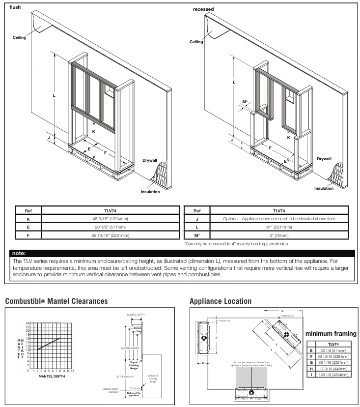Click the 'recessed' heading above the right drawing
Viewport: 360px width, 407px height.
pyautogui.click(x=203, y=9)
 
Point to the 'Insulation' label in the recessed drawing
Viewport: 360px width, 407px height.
pyautogui.click(x=324, y=188)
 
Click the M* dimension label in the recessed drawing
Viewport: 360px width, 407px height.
pyautogui.click(x=245, y=102)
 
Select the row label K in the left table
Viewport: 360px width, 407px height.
pyautogui.click(x=28, y=218)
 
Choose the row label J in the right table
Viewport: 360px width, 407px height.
pyautogui.click(x=196, y=218)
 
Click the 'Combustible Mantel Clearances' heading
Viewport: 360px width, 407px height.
pyautogui.click(x=56, y=300)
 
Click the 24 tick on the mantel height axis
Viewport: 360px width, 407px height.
pyautogui.click(x=28, y=322)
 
